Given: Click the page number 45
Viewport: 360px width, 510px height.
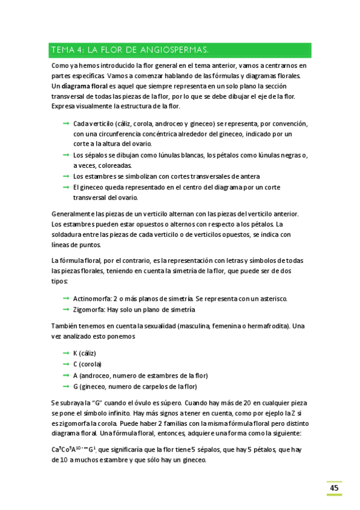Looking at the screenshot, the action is tap(334, 488).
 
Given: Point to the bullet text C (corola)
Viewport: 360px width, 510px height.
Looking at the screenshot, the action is tap(87, 364).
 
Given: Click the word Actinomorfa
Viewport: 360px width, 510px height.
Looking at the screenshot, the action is tap(91, 298).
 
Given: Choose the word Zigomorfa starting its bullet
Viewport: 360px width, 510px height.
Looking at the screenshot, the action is tap(88, 309).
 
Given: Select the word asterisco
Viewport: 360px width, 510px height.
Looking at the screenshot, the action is tap(272, 298).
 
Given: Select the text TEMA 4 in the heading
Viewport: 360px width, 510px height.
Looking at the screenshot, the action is tap(69, 49).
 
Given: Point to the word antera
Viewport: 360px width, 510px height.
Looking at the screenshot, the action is tap(231, 176).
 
